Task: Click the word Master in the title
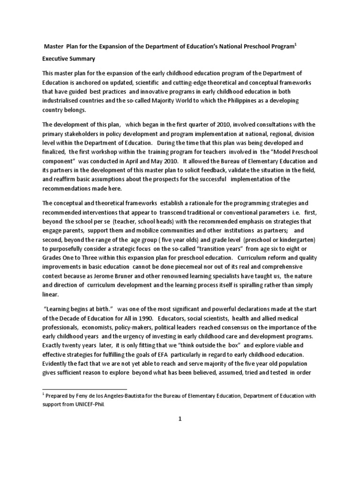coord(54,47)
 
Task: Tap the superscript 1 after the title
coord(296,45)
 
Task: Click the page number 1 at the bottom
coord(180,420)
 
